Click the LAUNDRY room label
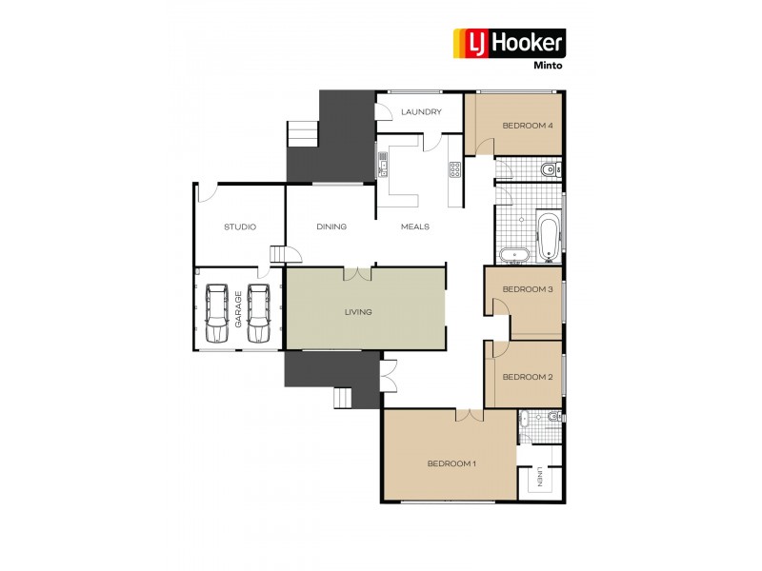[x=421, y=112]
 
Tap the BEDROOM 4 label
[x=528, y=126]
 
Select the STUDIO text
[x=240, y=226]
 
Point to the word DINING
[x=331, y=226]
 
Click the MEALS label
[x=414, y=226]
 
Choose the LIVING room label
[x=359, y=311]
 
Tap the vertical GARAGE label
[x=238, y=310]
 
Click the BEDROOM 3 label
[x=528, y=289]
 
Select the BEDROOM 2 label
[x=528, y=377]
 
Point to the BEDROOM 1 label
[x=451, y=463]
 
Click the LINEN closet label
[x=539, y=476]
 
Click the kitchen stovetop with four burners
[x=454, y=171]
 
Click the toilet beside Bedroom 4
[x=548, y=170]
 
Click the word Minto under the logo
[x=548, y=65]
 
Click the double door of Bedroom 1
[x=469, y=415]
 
